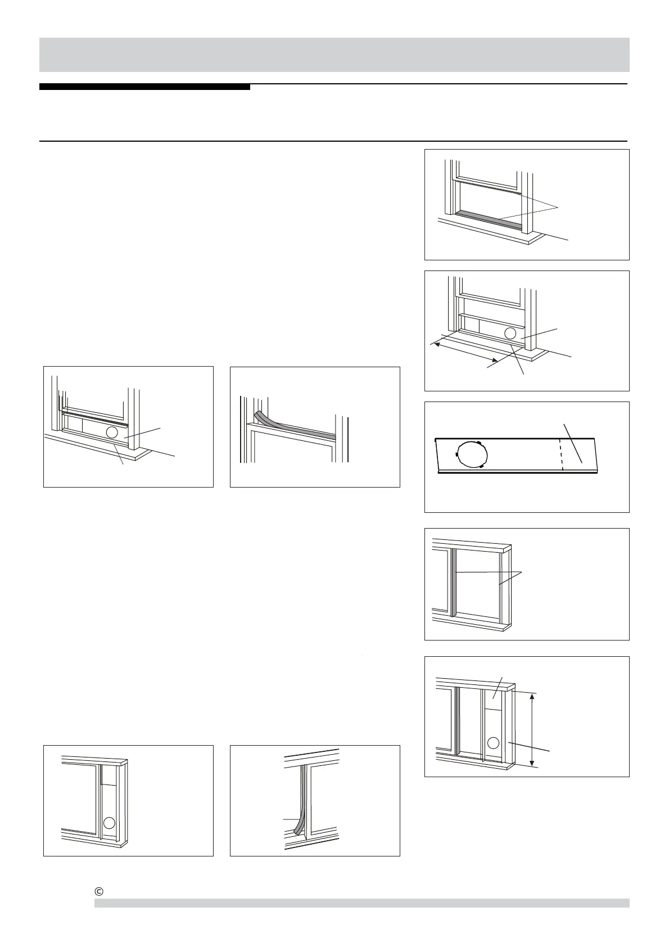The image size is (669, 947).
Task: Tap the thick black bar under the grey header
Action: [144, 87]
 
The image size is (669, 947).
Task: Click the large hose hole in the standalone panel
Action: [472, 454]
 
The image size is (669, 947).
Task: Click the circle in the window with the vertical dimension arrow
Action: [493, 742]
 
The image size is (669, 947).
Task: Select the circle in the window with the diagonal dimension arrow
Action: [510, 333]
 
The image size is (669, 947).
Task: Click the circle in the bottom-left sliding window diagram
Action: [110, 823]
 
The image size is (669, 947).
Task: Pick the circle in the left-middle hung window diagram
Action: [112, 432]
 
